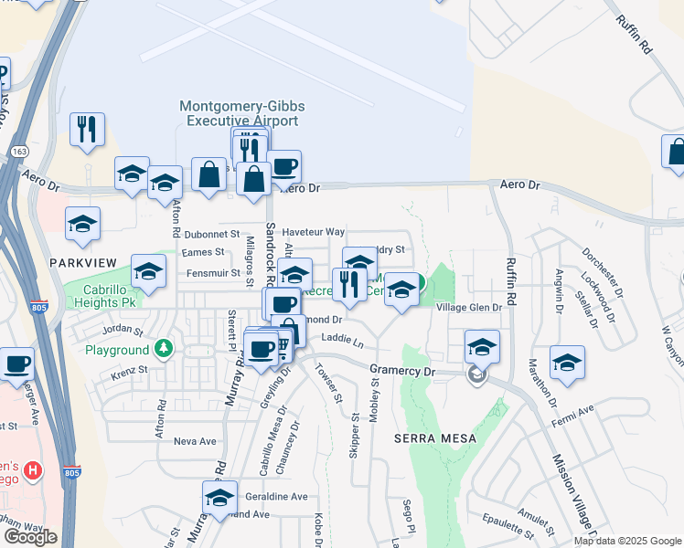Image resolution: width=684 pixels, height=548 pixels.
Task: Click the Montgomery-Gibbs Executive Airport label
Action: click(x=242, y=113)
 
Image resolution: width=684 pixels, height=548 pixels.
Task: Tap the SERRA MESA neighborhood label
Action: click(x=434, y=438)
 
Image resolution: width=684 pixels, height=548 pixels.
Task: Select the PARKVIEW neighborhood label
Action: click(x=83, y=263)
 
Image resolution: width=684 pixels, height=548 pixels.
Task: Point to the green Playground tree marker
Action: click(x=164, y=349)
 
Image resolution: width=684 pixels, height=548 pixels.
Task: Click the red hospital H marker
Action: click(x=34, y=472)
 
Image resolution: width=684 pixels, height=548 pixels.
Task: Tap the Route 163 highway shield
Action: click(x=17, y=150)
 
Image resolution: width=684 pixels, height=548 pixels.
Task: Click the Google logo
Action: click(x=30, y=537)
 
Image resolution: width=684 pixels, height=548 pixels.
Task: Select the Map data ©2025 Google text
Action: click(x=626, y=541)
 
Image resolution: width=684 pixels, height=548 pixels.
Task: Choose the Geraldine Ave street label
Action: click(x=276, y=496)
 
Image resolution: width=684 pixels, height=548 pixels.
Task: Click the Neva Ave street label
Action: click(x=195, y=441)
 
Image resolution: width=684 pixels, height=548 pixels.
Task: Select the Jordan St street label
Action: click(x=124, y=329)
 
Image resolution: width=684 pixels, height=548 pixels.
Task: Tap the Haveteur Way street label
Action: click(x=313, y=232)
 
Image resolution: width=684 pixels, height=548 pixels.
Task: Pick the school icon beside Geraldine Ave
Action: click(x=219, y=498)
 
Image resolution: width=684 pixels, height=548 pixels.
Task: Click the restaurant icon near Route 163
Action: click(x=87, y=129)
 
